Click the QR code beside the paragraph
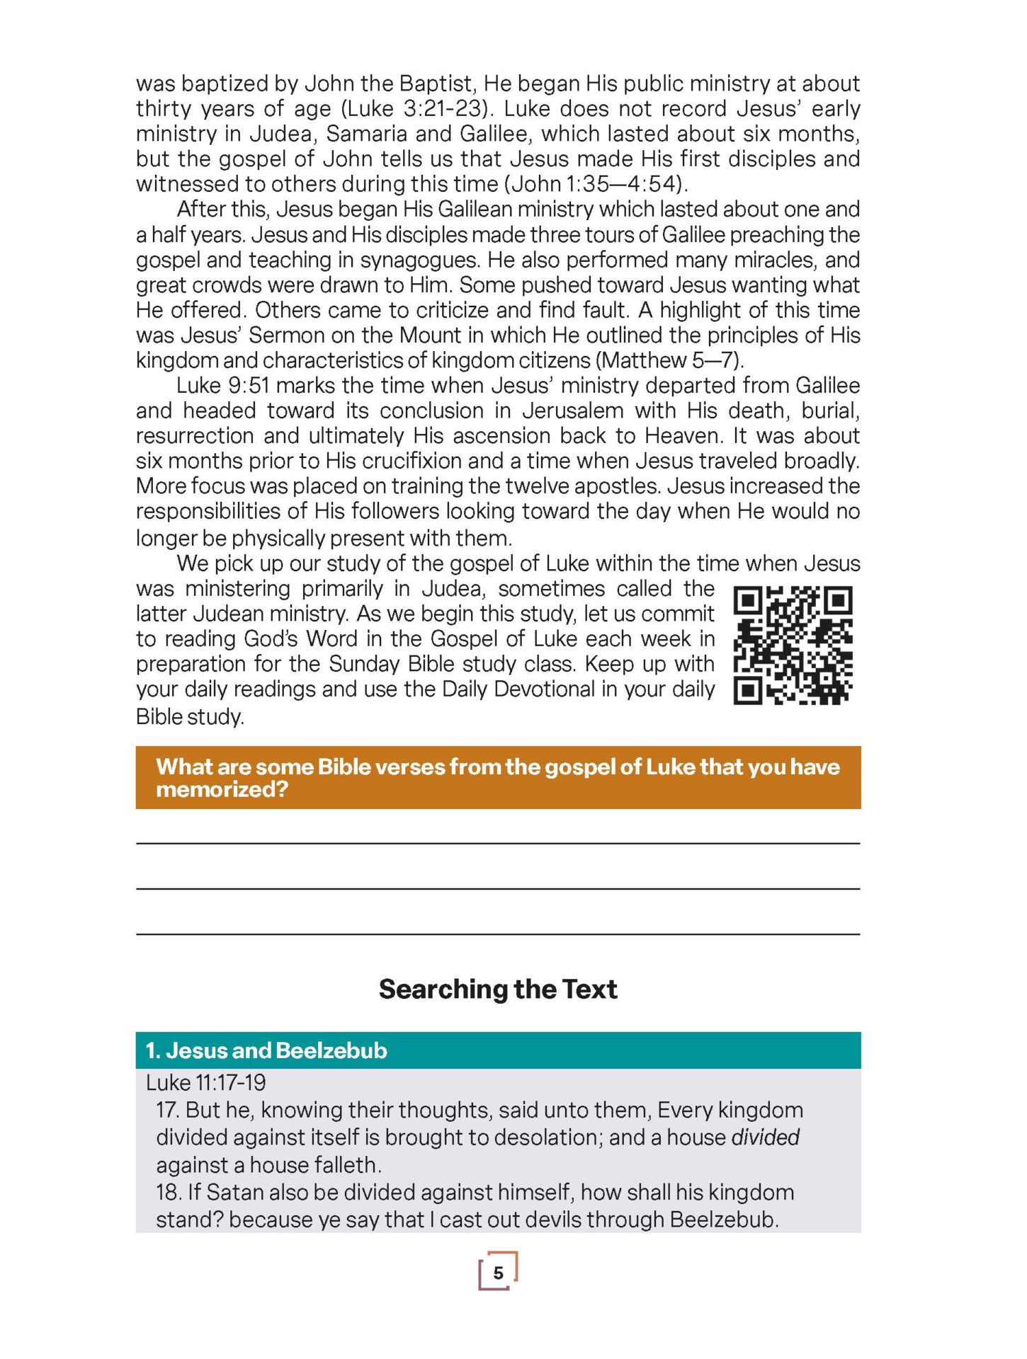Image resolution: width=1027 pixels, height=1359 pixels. [x=793, y=645]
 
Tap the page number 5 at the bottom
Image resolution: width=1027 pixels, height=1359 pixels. [x=498, y=1273]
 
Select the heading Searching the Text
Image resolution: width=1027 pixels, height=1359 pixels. [x=498, y=989]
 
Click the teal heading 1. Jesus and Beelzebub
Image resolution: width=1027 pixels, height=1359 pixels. [x=266, y=1050]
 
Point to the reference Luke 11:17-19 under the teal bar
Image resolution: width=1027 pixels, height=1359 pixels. [x=206, y=1082]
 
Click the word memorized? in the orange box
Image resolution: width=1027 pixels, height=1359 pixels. [x=222, y=789]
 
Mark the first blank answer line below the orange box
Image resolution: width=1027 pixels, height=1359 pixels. [x=498, y=842]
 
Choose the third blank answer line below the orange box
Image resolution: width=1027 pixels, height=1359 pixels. [x=498, y=934]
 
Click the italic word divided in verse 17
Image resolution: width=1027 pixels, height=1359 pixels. [x=765, y=1137]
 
